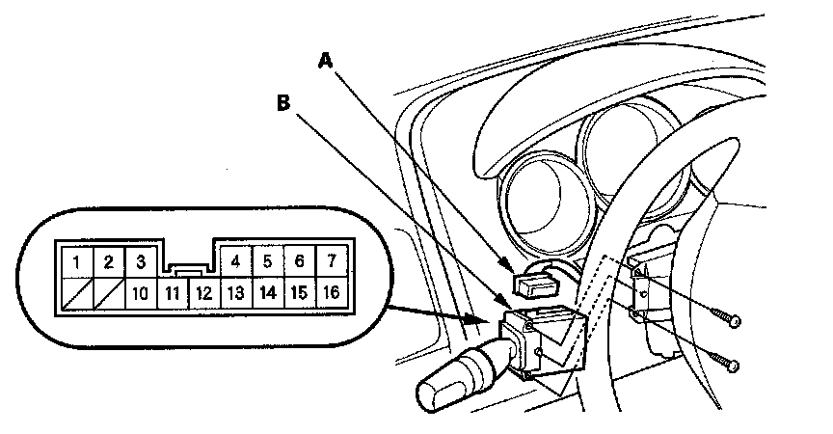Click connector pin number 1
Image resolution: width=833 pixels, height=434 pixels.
pos(75,261)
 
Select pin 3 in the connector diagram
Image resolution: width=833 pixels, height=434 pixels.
pos(140,261)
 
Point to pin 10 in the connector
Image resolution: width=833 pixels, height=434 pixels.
pos(140,292)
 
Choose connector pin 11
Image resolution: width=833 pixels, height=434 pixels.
pos(172,292)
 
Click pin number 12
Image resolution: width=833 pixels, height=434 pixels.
pos(203,292)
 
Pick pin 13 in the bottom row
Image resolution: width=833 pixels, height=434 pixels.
pos(235,292)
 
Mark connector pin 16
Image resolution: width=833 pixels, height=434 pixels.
pos(332,292)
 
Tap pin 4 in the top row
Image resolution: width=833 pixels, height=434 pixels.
pos(236,260)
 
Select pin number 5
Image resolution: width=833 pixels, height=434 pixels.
pos(268,260)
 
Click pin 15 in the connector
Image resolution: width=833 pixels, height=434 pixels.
pos(300,292)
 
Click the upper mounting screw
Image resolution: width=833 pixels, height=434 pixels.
pos(731,319)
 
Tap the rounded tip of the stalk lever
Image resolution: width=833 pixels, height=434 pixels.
pos(431,396)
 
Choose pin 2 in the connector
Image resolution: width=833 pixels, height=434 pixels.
pos(108,261)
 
